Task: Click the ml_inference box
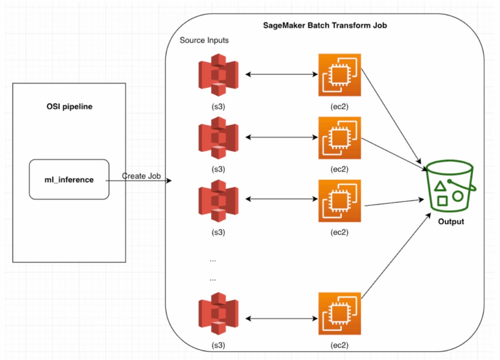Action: pos(69,180)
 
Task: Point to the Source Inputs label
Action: pos(204,40)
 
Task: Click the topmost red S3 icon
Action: pos(218,75)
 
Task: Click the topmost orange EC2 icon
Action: pos(339,75)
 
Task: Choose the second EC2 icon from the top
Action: pos(339,138)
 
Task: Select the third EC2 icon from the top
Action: pos(339,200)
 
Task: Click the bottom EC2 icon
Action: pos(339,313)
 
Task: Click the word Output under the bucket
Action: pos(451,221)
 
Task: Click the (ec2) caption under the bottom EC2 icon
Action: pos(339,345)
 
